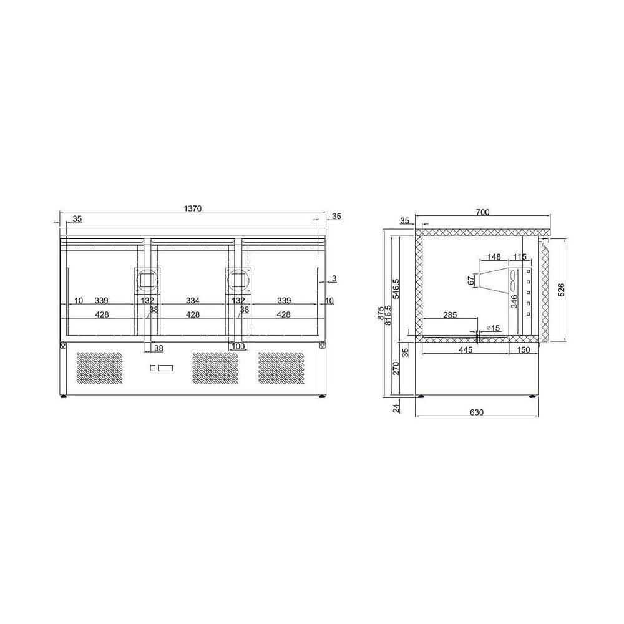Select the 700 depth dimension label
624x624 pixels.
click(x=482, y=212)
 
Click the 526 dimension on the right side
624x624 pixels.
click(x=561, y=289)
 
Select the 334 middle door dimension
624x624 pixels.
click(x=193, y=301)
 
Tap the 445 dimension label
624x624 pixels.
click(x=465, y=349)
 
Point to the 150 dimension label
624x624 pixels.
click(x=523, y=349)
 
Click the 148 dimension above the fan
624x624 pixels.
click(x=495, y=256)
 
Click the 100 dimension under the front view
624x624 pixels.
click(x=238, y=346)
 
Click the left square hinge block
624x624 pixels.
click(x=148, y=280)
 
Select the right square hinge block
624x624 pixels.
click(x=238, y=280)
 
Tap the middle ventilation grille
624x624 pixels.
click(x=216, y=368)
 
